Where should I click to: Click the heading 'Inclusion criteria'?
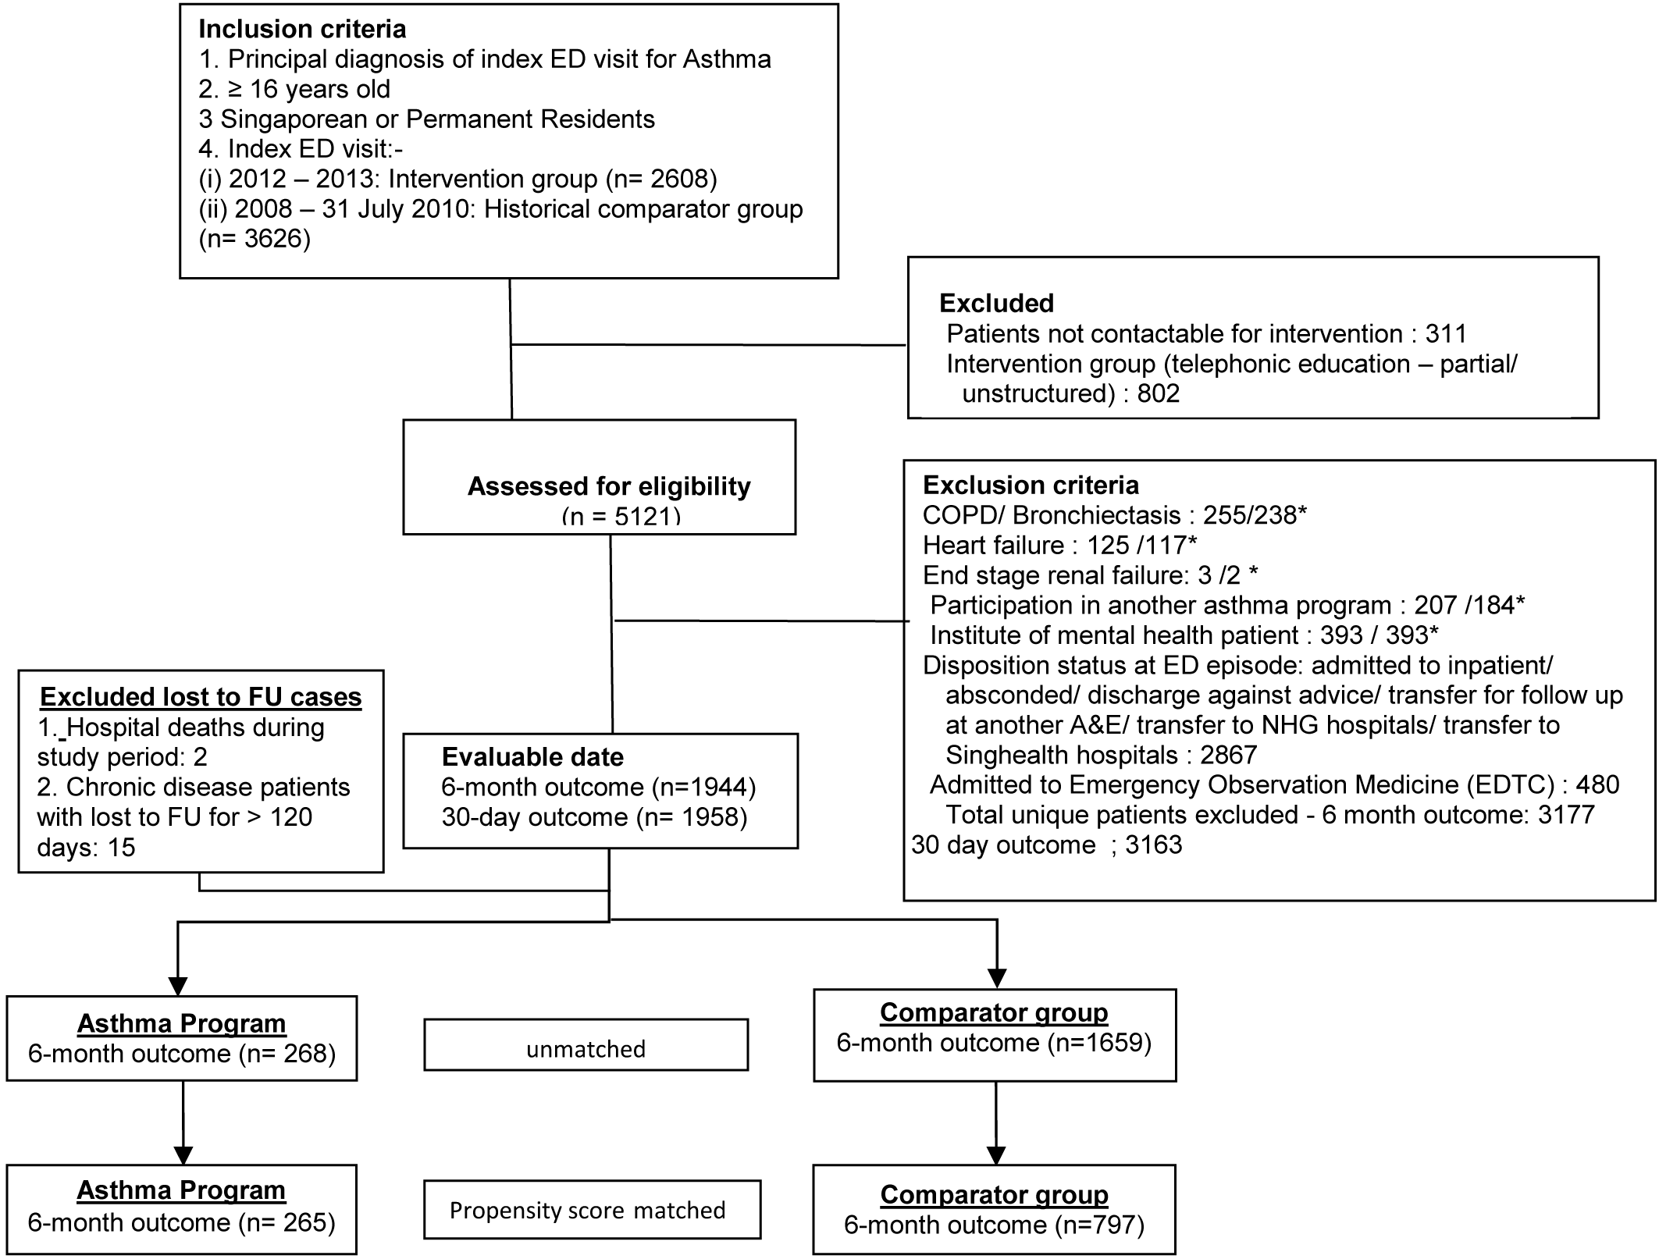pos(302,29)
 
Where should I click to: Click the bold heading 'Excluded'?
pos(996,303)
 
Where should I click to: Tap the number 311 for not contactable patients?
pos(1446,333)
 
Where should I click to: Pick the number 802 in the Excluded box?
pos(1159,393)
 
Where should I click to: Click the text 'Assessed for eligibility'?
pos(609,486)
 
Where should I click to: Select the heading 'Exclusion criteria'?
pos(1031,485)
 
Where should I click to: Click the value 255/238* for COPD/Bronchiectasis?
pos(1255,515)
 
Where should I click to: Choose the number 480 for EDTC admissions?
pos(1597,784)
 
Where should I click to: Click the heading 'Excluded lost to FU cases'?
pos(201,696)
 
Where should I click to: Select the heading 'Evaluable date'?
pos(532,756)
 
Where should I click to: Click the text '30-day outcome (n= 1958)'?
pos(594,817)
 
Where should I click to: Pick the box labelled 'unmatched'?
pos(586,1044)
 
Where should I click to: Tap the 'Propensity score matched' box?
pos(592,1209)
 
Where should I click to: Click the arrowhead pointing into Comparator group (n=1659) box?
pos(997,978)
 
